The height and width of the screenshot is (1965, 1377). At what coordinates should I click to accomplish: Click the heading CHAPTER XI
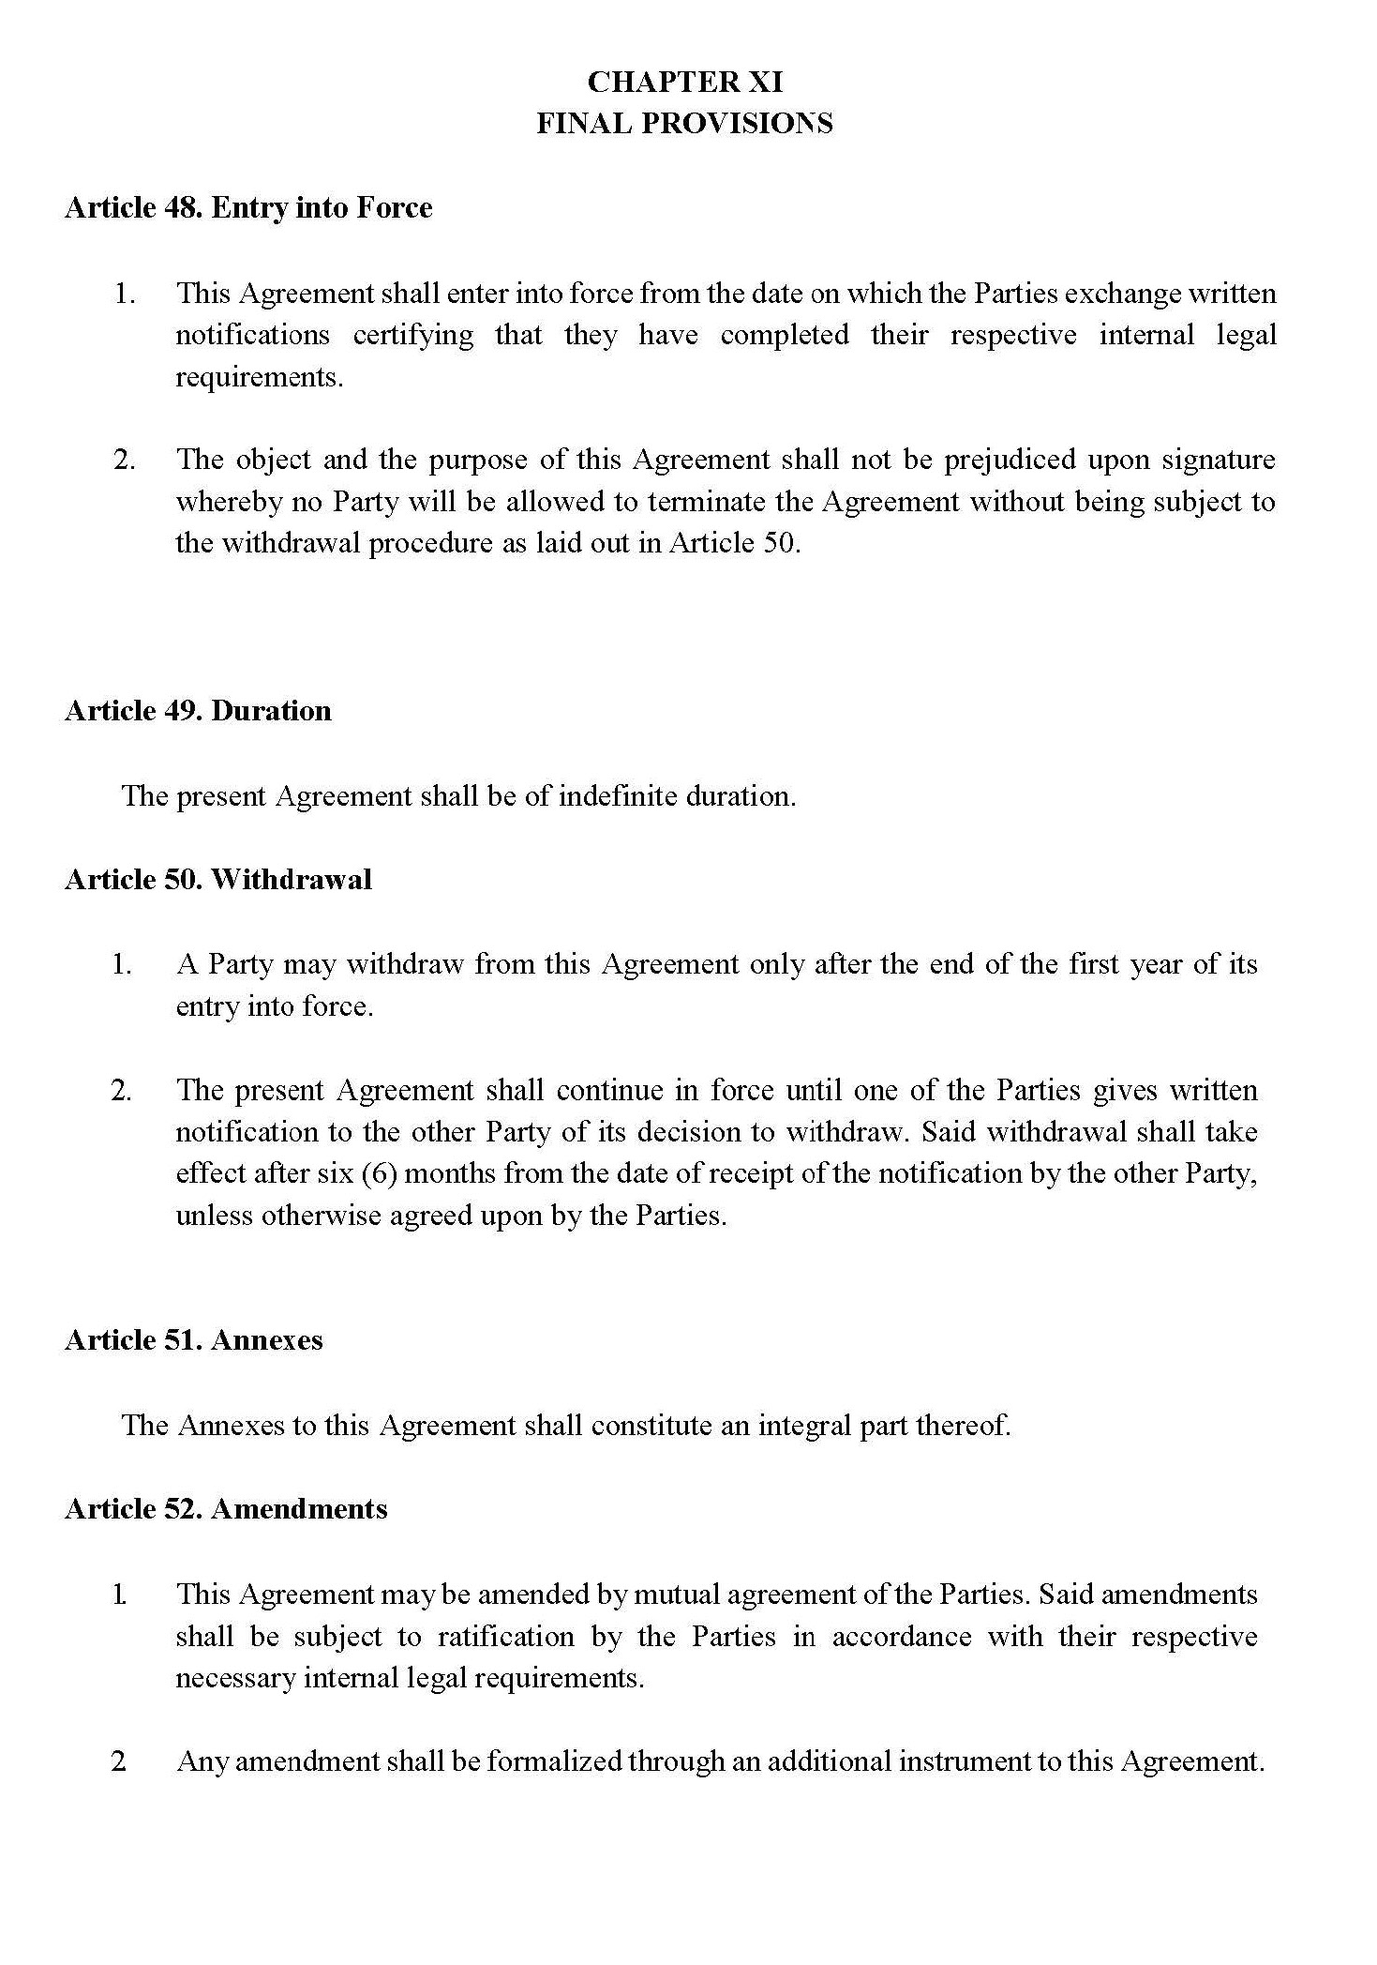click(684, 83)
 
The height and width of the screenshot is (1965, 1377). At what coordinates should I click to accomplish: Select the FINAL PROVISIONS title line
click(684, 124)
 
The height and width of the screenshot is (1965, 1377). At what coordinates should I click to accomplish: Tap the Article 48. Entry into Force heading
click(248, 207)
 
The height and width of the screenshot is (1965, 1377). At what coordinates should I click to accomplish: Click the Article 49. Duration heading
click(198, 710)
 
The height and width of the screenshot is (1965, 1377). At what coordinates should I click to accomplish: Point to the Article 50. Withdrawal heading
click(218, 879)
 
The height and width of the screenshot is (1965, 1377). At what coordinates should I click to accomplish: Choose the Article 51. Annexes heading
click(193, 1339)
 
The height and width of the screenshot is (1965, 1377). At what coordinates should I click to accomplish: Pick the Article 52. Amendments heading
click(226, 1508)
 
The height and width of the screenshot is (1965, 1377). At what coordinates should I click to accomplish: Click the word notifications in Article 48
click(252, 336)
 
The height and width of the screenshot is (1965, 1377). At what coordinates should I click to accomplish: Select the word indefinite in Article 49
click(618, 796)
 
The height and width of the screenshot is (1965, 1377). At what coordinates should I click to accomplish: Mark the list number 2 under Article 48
click(124, 461)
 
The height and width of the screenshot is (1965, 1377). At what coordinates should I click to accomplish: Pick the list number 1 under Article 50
click(122, 964)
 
